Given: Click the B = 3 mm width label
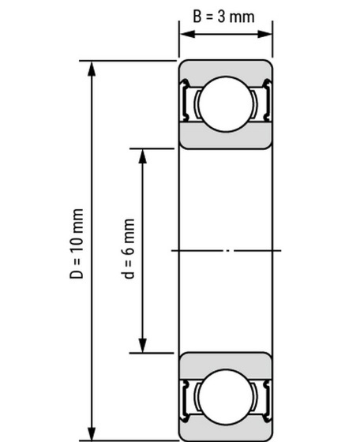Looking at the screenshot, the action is [223, 17].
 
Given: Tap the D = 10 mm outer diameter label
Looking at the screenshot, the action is [77, 244].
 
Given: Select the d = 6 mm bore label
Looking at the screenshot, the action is [129, 249].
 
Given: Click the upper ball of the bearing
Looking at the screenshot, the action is [226, 103].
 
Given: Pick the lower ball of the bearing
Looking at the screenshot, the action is [226, 396].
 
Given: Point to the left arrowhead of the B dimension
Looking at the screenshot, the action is [187, 34].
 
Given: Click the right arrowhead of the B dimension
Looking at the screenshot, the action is [264, 34].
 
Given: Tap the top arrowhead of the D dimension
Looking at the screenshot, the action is [92, 69].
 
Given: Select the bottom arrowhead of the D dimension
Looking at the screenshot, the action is [92, 433].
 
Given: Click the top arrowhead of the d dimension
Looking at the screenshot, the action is [143, 156].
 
